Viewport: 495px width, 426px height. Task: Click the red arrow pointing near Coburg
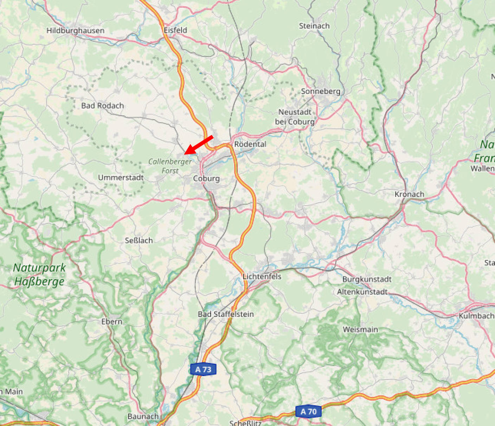coord(199,145)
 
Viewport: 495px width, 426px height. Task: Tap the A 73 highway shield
coord(203,369)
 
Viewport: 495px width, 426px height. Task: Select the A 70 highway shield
coord(308,412)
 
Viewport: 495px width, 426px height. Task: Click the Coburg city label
coord(206,178)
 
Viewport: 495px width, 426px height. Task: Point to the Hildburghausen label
coord(75,31)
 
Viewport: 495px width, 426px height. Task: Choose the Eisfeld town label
coord(175,30)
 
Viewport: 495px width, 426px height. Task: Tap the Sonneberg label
coord(321,91)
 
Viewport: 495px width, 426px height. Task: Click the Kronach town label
coord(409,194)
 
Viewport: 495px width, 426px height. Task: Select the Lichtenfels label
coord(262,276)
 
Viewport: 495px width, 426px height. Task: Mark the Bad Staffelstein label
coord(226,314)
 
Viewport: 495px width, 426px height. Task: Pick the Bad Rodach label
coord(102,106)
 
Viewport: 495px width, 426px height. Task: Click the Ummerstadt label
coord(121,178)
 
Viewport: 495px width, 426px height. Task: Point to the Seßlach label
coord(139,241)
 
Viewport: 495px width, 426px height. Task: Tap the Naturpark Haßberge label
coord(39,274)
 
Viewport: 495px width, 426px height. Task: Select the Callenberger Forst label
coord(170,166)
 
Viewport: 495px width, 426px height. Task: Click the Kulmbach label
coord(476,316)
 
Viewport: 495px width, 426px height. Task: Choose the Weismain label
coord(360,330)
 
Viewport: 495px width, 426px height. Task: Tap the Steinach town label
coord(314,26)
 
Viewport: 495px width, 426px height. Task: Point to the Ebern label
coord(112,322)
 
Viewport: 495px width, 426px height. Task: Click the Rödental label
coord(250,144)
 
